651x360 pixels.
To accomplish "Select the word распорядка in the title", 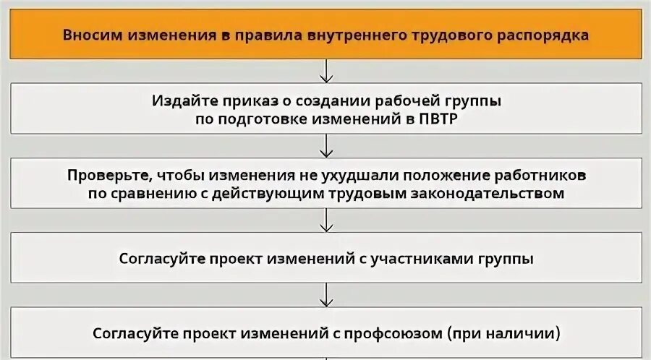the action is [x=542, y=34].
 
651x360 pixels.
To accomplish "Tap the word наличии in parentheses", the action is [x=522, y=334].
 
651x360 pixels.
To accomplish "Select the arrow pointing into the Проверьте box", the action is [x=326, y=146].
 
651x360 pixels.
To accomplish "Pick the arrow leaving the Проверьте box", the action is [x=326, y=220].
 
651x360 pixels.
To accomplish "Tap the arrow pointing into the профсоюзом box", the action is [x=326, y=296].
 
